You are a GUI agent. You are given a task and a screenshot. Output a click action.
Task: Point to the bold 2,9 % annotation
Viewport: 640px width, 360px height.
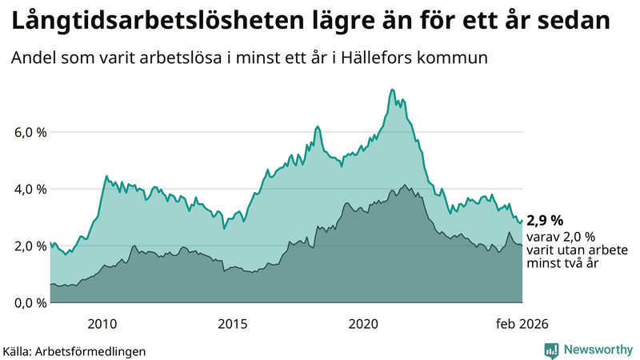tap(545, 221)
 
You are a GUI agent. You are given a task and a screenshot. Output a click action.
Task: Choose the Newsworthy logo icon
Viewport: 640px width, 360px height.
tap(551, 350)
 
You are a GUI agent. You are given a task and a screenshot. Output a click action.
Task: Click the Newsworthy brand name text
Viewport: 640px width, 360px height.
tap(597, 350)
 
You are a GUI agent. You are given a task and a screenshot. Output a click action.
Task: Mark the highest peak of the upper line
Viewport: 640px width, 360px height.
tap(392, 90)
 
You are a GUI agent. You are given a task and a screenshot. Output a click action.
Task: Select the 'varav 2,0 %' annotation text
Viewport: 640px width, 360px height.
tap(561, 237)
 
